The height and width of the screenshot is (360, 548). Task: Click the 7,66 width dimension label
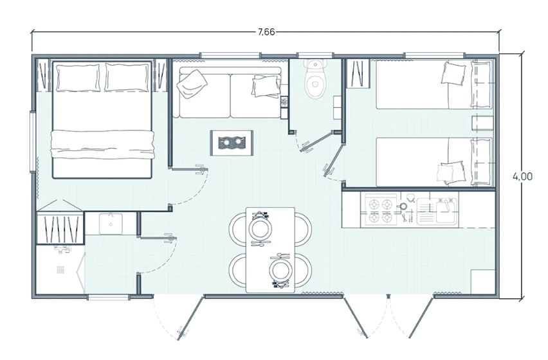point(266,32)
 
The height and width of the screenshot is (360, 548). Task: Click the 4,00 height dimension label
point(522,177)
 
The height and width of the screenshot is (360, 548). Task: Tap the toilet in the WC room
point(315,78)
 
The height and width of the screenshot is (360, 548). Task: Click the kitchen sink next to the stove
point(437,211)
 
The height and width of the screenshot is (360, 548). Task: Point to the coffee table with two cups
point(232,143)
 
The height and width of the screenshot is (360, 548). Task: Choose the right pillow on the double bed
point(127,78)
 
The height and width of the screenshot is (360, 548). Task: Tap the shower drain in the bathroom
point(60,269)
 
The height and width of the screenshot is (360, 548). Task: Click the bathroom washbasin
point(111,224)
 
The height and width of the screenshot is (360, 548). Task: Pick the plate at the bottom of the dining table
point(280,270)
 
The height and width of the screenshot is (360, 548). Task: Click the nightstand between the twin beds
point(482,122)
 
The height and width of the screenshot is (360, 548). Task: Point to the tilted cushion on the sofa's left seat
point(192,84)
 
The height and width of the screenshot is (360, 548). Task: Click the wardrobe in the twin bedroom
point(358,73)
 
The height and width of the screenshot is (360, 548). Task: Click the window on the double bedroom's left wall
point(33,142)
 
